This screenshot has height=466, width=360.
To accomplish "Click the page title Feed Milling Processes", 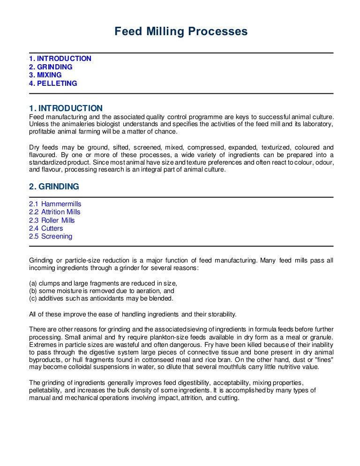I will (x=181, y=32).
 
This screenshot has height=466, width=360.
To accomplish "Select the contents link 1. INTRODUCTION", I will (x=60, y=59).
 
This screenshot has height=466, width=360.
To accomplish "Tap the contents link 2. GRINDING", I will (x=51, y=67).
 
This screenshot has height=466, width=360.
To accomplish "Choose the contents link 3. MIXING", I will (x=45, y=75).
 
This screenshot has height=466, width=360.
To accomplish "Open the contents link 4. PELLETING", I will (x=53, y=83).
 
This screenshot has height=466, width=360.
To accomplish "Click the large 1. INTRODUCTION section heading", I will (x=66, y=108).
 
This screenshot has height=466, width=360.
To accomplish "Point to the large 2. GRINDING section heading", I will (x=54, y=187).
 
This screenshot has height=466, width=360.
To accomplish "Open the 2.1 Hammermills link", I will (x=55, y=204).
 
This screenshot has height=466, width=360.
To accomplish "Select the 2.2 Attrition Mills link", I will (x=54, y=212).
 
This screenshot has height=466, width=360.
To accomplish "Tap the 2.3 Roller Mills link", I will (x=52, y=220).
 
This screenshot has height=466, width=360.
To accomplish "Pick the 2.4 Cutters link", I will (x=45, y=228).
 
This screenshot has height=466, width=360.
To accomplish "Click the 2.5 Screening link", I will (x=51, y=236).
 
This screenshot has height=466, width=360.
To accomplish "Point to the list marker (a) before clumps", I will (x=33, y=283).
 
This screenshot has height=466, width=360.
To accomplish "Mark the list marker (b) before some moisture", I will (x=33, y=291).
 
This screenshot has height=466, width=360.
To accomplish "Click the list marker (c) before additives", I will (x=33, y=298).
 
